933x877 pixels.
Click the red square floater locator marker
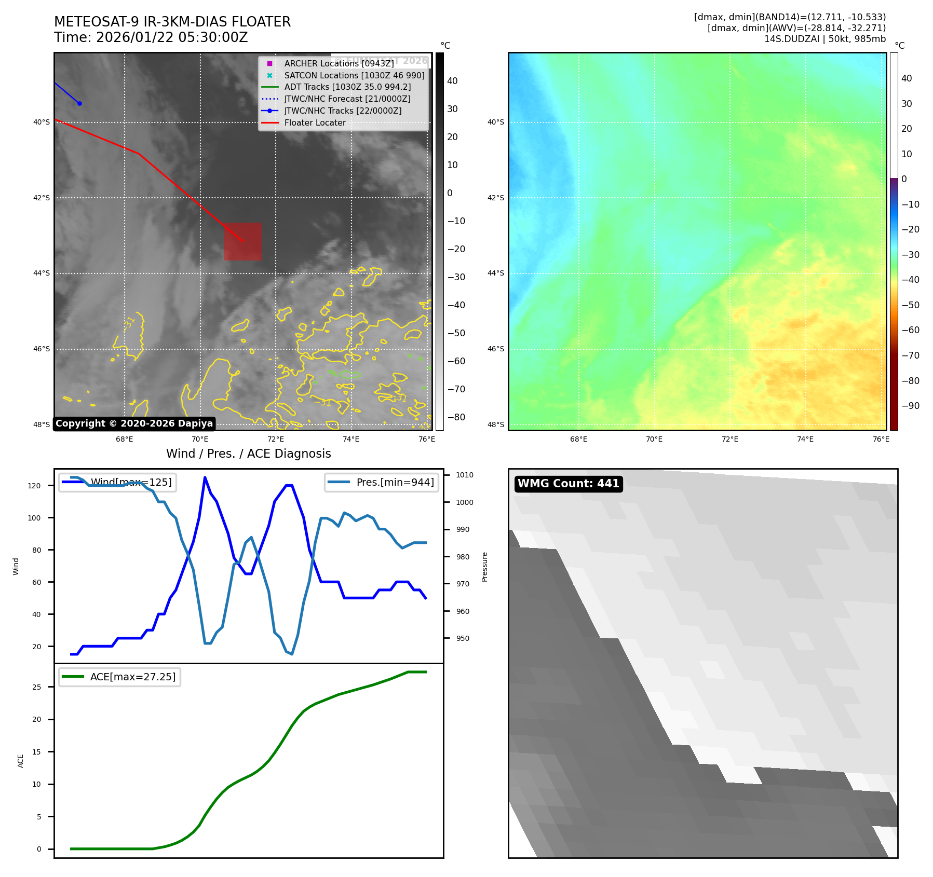pyautogui.click(x=242, y=241)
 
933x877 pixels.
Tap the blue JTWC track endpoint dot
pyautogui.click(x=79, y=103)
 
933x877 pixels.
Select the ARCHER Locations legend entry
pyautogui.click(x=339, y=63)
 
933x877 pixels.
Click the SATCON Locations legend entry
pyautogui.click(x=354, y=75)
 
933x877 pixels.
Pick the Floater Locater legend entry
pyautogui.click(x=315, y=122)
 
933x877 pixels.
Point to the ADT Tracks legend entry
pyautogui.click(x=347, y=87)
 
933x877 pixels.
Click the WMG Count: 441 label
pyautogui.click(x=569, y=484)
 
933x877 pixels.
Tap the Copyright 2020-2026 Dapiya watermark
pyautogui.click(x=134, y=423)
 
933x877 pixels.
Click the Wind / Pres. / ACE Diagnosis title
pyautogui.click(x=248, y=454)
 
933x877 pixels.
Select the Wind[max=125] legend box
pyautogui.click(x=117, y=482)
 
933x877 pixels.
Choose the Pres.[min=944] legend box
pyautogui.click(x=382, y=482)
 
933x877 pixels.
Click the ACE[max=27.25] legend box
pyautogui.click(x=119, y=677)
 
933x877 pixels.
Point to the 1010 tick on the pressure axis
pyautogui.click(x=464, y=475)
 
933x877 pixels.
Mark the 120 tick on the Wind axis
pyautogui.click(x=34, y=486)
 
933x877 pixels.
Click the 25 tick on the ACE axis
pyautogui.click(x=36, y=687)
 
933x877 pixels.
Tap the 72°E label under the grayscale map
pyautogui.click(x=276, y=439)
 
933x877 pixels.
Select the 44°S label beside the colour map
pyautogui.click(x=495, y=273)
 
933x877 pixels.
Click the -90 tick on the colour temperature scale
pyautogui.click(x=910, y=406)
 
